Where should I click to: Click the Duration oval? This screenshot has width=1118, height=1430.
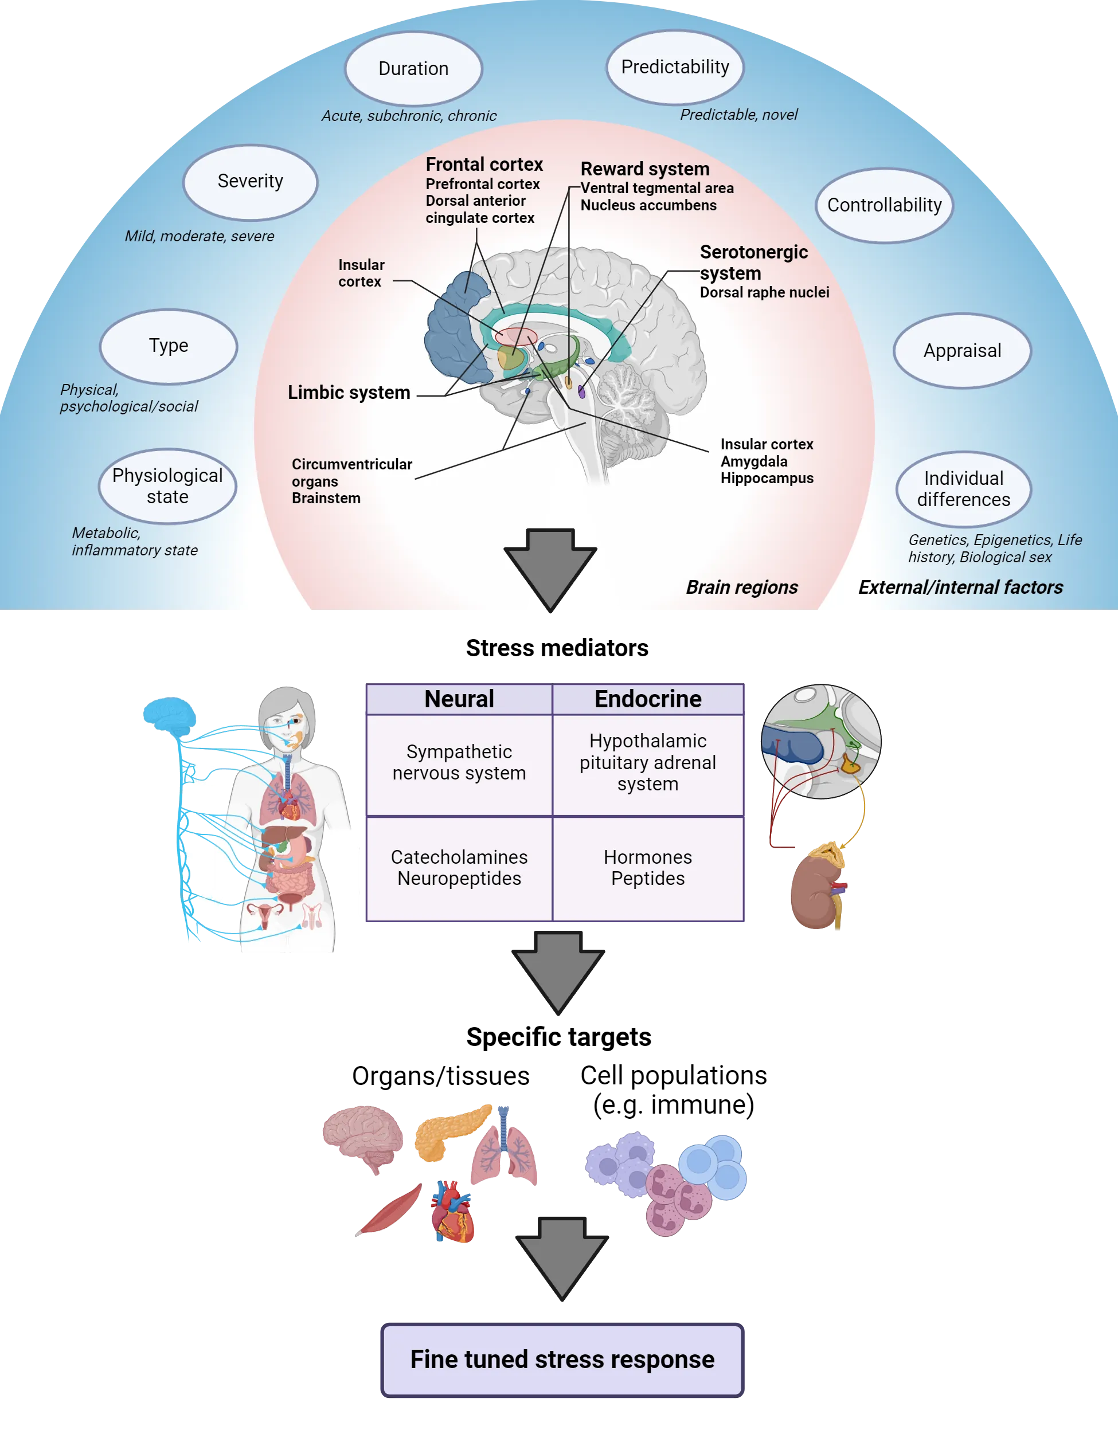413,69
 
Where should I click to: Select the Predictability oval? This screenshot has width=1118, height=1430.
675,67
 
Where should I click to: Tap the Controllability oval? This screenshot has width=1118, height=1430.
884,205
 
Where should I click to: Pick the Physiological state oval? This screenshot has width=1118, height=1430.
167,486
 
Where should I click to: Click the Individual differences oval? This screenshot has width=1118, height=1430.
963,488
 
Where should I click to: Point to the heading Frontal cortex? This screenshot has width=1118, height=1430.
484,164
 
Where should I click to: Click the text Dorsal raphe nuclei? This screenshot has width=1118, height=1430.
764,293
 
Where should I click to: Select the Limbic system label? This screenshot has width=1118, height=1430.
349,392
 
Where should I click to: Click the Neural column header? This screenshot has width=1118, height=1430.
459,699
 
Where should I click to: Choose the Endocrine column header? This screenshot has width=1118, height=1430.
648,699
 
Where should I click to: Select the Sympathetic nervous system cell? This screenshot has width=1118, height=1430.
459,762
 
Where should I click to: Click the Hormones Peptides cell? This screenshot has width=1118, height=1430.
648,868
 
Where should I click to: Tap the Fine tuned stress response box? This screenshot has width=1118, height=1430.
562,1360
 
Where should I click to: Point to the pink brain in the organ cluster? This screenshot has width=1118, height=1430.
362,1136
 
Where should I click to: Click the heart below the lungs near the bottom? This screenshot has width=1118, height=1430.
454,1211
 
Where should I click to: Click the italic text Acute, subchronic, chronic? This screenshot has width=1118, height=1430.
409,116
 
